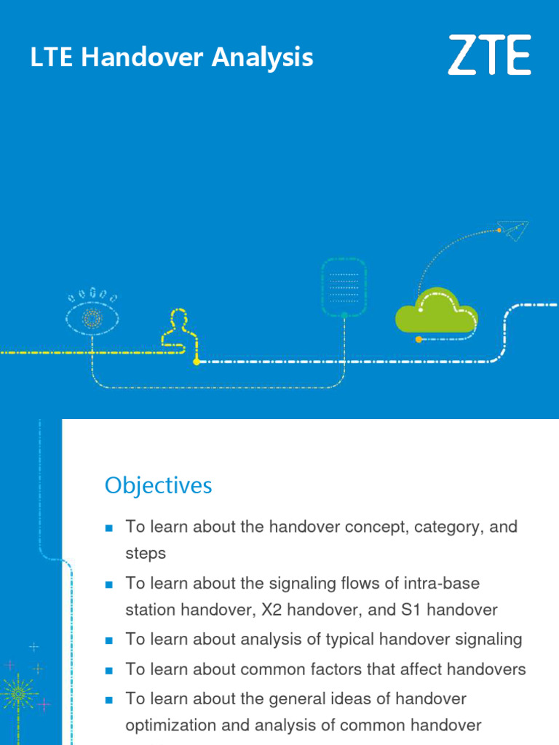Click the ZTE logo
tap(489, 55)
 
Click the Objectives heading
tap(158, 485)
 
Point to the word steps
tap(146, 553)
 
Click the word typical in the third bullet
tap(333, 639)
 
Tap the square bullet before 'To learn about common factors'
tap(110, 669)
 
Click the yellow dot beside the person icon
tap(197, 362)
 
